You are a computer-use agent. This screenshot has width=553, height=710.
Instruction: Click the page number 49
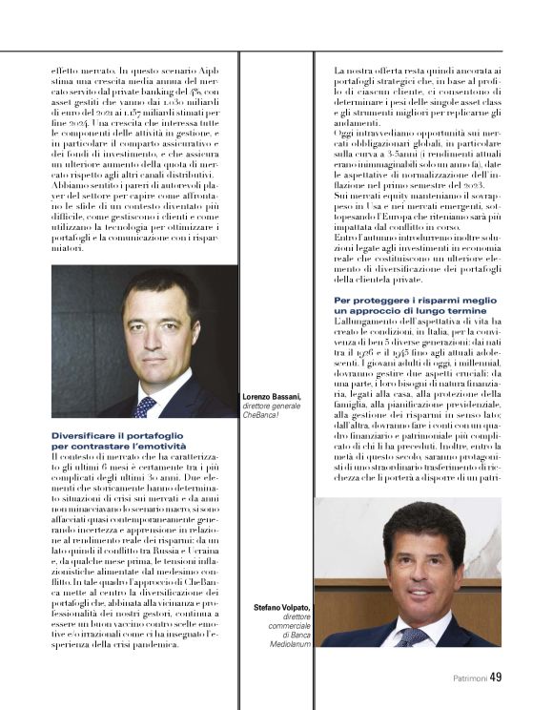tap(495, 677)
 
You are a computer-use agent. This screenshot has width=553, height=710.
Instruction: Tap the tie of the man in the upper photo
tap(145, 406)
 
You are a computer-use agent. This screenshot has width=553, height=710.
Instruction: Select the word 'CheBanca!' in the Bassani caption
tap(264, 415)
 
